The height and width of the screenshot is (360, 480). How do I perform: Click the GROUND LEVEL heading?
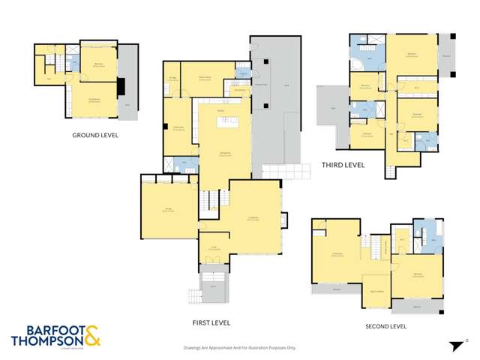pyautogui.click(x=96, y=136)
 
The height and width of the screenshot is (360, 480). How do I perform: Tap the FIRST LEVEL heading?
pyautogui.click(x=211, y=322)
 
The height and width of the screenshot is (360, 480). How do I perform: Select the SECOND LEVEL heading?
pyautogui.click(x=385, y=326)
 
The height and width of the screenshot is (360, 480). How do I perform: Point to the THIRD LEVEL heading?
pyautogui.click(x=343, y=165)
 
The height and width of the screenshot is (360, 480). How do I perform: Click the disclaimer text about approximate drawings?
pyautogui.click(x=240, y=348)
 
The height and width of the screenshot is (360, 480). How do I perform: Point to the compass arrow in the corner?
pyautogui.click(x=455, y=345)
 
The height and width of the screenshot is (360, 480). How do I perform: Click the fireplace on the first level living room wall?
pyautogui.click(x=283, y=220)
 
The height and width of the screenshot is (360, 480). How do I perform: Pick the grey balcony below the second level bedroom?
pyautogui.click(x=416, y=306)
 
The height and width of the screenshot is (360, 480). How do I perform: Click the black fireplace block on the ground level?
pyautogui.click(x=120, y=85)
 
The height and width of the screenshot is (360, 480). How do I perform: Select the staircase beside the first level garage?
pyautogui.click(x=212, y=200)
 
